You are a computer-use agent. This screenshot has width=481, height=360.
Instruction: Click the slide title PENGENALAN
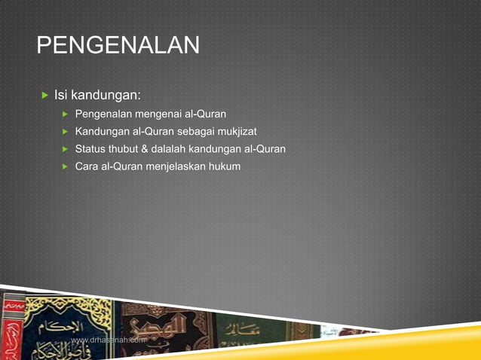tap(118, 45)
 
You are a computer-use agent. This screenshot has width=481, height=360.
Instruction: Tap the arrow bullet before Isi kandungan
tap(44, 96)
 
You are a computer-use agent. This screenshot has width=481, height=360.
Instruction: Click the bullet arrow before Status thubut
tap(65, 148)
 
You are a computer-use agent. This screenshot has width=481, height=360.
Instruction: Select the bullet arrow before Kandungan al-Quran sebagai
tap(65, 132)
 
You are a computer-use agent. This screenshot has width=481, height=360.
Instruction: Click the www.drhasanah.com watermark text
tap(108, 340)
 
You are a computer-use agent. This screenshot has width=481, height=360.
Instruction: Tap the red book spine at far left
tap(11, 328)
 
